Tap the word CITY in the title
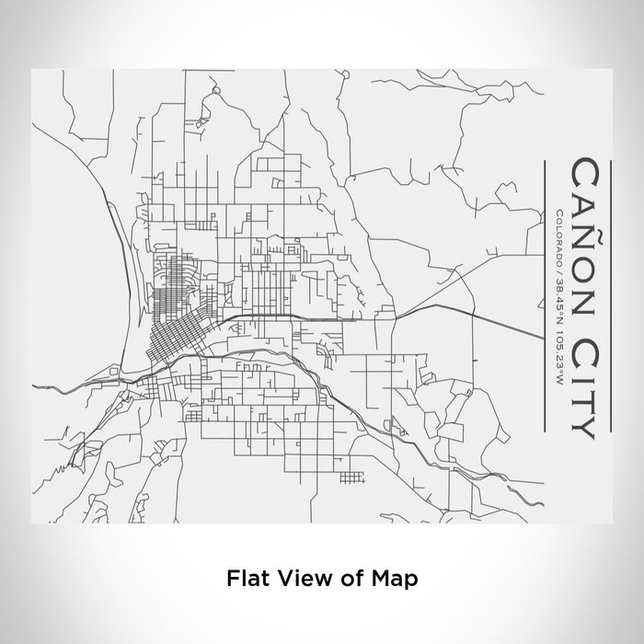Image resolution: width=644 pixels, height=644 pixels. click(583, 378)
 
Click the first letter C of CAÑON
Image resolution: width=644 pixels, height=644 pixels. click(583, 171)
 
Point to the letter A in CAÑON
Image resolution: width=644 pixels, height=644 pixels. click(583, 201)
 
